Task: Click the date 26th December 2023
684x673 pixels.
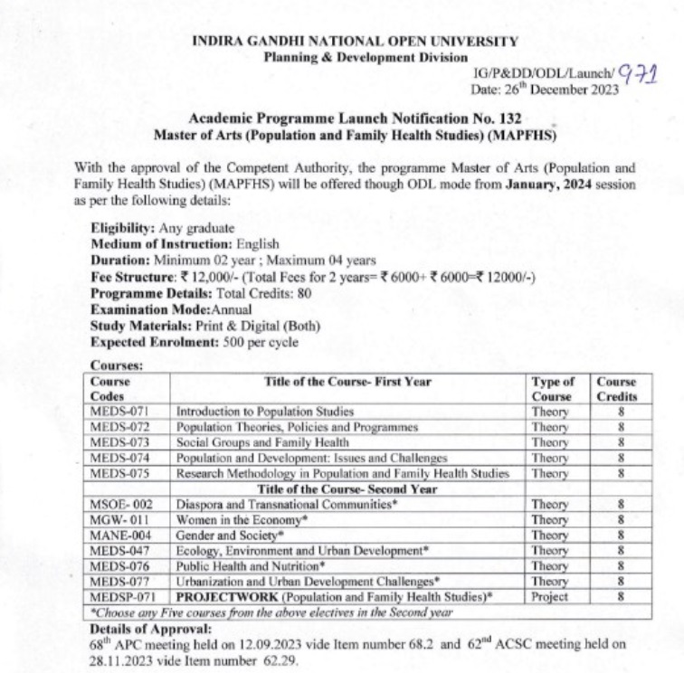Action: pos(556,89)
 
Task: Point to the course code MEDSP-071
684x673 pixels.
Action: pos(124,597)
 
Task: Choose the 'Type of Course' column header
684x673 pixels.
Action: pos(552,389)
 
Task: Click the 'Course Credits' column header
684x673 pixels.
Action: pos(616,389)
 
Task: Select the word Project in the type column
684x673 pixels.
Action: pos(551,597)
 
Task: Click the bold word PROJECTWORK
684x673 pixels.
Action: pos(224,597)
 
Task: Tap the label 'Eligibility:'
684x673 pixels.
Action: pos(123,229)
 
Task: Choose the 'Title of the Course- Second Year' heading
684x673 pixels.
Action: pos(347,488)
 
